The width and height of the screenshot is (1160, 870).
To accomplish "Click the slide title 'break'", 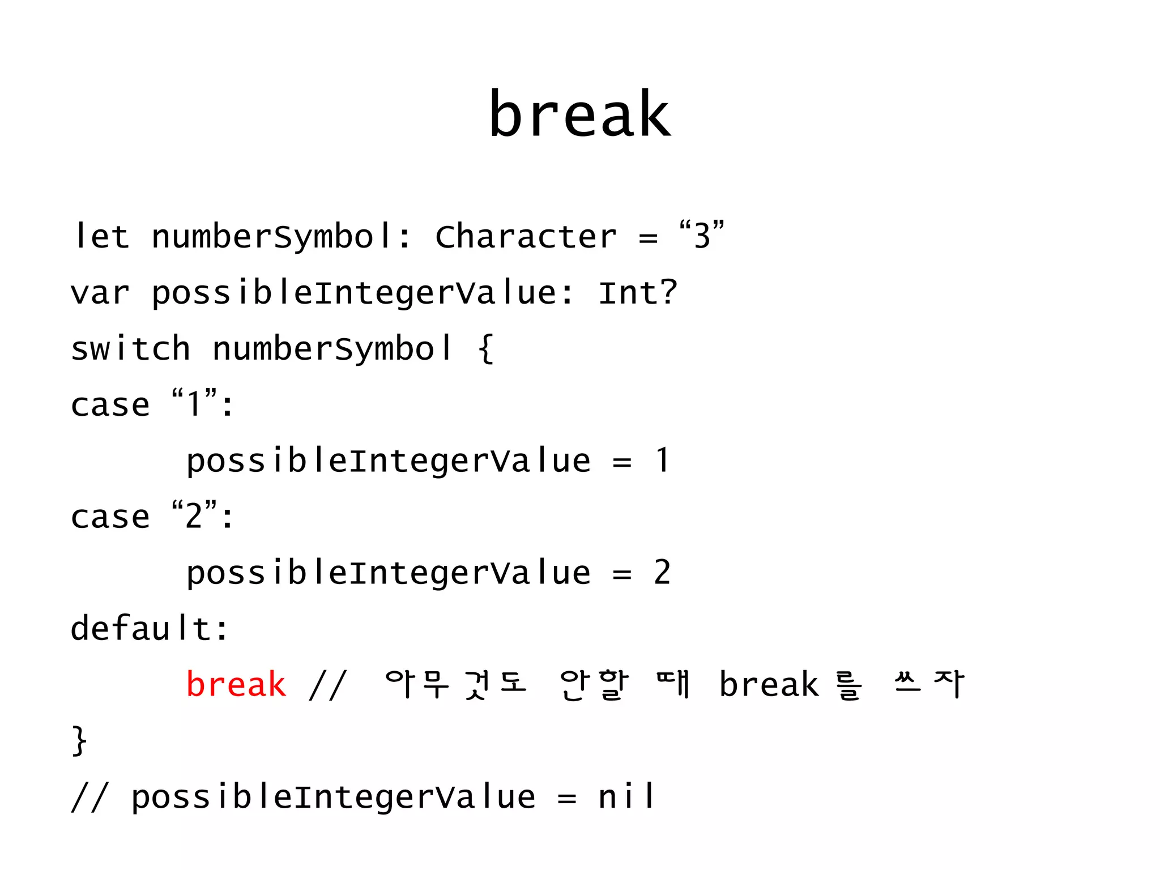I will point(579,115).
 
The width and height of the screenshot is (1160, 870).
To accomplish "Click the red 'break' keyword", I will point(236,684).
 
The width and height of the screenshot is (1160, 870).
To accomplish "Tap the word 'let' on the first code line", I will point(101,236).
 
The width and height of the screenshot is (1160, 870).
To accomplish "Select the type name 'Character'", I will point(525,236).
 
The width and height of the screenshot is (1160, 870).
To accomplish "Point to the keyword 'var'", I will point(100,293).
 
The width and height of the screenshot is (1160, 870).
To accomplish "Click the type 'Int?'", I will point(638,293).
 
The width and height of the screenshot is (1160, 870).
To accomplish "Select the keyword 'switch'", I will point(130,348).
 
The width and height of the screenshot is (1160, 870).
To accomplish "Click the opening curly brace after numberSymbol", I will point(486,348).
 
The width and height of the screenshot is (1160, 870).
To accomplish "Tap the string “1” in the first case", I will point(194,403).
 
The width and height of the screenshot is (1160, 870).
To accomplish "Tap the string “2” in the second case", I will point(194,515).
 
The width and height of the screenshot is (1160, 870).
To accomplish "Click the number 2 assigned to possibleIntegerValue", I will point(662,572).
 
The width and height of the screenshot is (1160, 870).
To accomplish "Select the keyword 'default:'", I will point(150,628).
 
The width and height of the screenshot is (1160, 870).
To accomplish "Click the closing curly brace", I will point(79,740).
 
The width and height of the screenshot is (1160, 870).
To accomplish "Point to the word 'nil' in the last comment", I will point(626,796).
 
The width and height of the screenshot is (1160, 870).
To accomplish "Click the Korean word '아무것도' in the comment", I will point(456,684).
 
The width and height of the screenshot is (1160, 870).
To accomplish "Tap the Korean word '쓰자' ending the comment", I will point(929,684).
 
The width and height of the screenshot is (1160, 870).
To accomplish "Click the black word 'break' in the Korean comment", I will point(769,684).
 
